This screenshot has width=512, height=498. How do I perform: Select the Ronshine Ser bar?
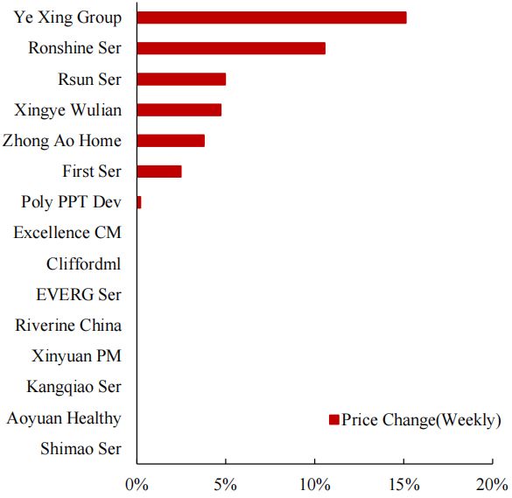231,48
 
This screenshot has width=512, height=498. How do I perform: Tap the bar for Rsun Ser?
181,79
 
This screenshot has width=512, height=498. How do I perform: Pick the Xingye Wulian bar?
179,109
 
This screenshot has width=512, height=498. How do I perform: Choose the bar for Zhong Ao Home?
171,140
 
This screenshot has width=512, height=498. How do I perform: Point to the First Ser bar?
159,172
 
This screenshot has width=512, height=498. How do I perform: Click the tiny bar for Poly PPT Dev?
139,202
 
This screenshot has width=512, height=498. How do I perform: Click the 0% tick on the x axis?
137,484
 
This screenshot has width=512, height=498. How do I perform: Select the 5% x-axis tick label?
225,484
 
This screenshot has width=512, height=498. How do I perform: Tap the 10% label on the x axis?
314,484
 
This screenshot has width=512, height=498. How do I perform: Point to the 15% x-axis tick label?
403,484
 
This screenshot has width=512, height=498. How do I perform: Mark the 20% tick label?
492,484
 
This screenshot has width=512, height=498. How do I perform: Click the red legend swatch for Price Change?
333,420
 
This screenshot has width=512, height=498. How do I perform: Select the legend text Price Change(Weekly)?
421,420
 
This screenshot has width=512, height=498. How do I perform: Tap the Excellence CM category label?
67,233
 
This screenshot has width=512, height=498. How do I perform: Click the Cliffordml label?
84,263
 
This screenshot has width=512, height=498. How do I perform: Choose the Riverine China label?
68,326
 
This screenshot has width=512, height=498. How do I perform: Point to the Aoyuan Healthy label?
64,418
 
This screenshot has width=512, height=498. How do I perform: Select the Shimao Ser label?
81,449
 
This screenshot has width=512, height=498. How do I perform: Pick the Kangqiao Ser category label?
74,387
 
